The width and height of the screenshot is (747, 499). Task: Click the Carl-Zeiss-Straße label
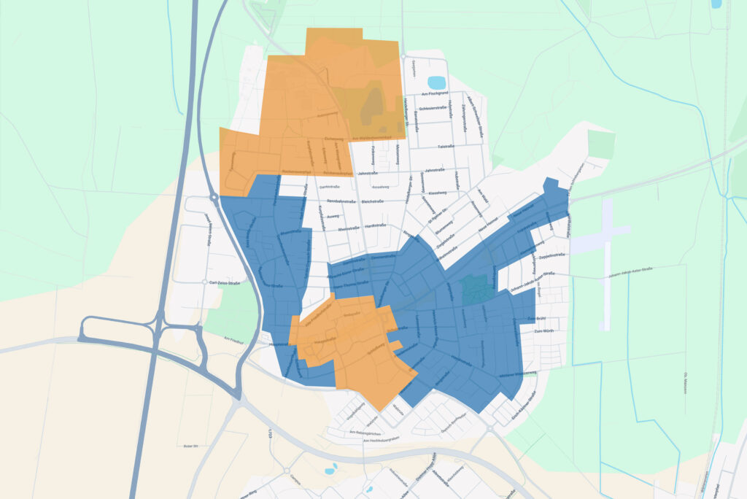click(x=225, y=282)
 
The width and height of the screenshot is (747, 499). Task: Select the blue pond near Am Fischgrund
click(x=436, y=82)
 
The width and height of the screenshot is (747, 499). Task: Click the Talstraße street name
click(x=446, y=147)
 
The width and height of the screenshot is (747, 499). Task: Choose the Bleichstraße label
click(x=372, y=201)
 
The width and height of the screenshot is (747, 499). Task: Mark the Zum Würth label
click(x=544, y=332)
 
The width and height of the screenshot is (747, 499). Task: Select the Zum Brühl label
click(x=536, y=320)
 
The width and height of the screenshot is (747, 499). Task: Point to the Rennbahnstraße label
click(x=340, y=201)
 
